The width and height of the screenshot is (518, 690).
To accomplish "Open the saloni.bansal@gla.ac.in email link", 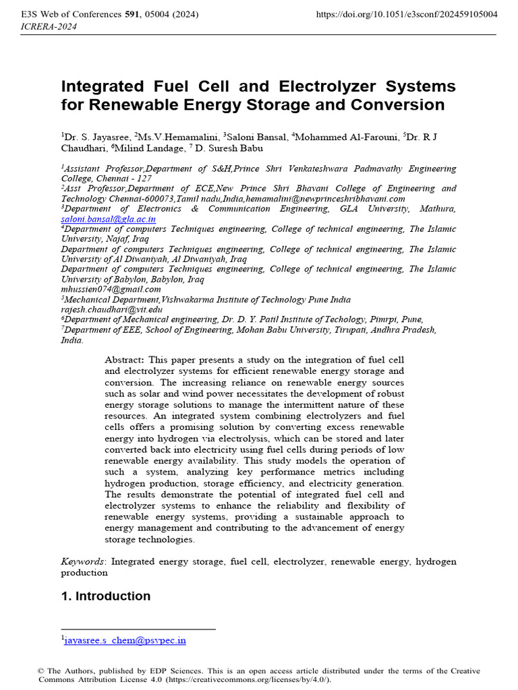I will point(109,219).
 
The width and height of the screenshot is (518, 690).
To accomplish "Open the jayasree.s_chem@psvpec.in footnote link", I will point(125,640).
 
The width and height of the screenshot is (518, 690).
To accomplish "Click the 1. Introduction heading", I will point(106,596).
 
